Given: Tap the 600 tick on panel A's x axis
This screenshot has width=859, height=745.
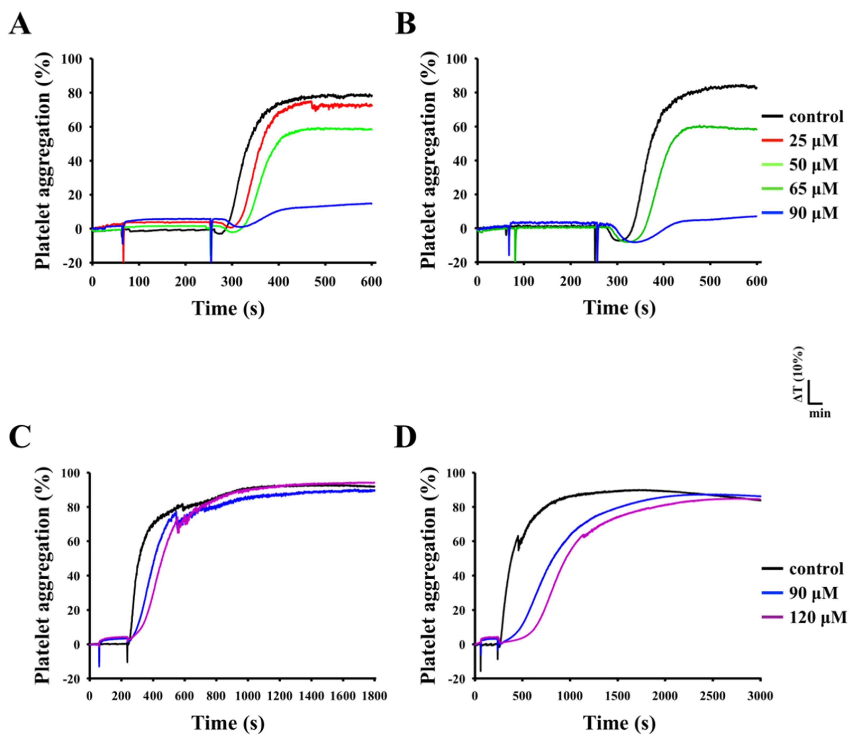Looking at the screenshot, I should coord(371,282).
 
